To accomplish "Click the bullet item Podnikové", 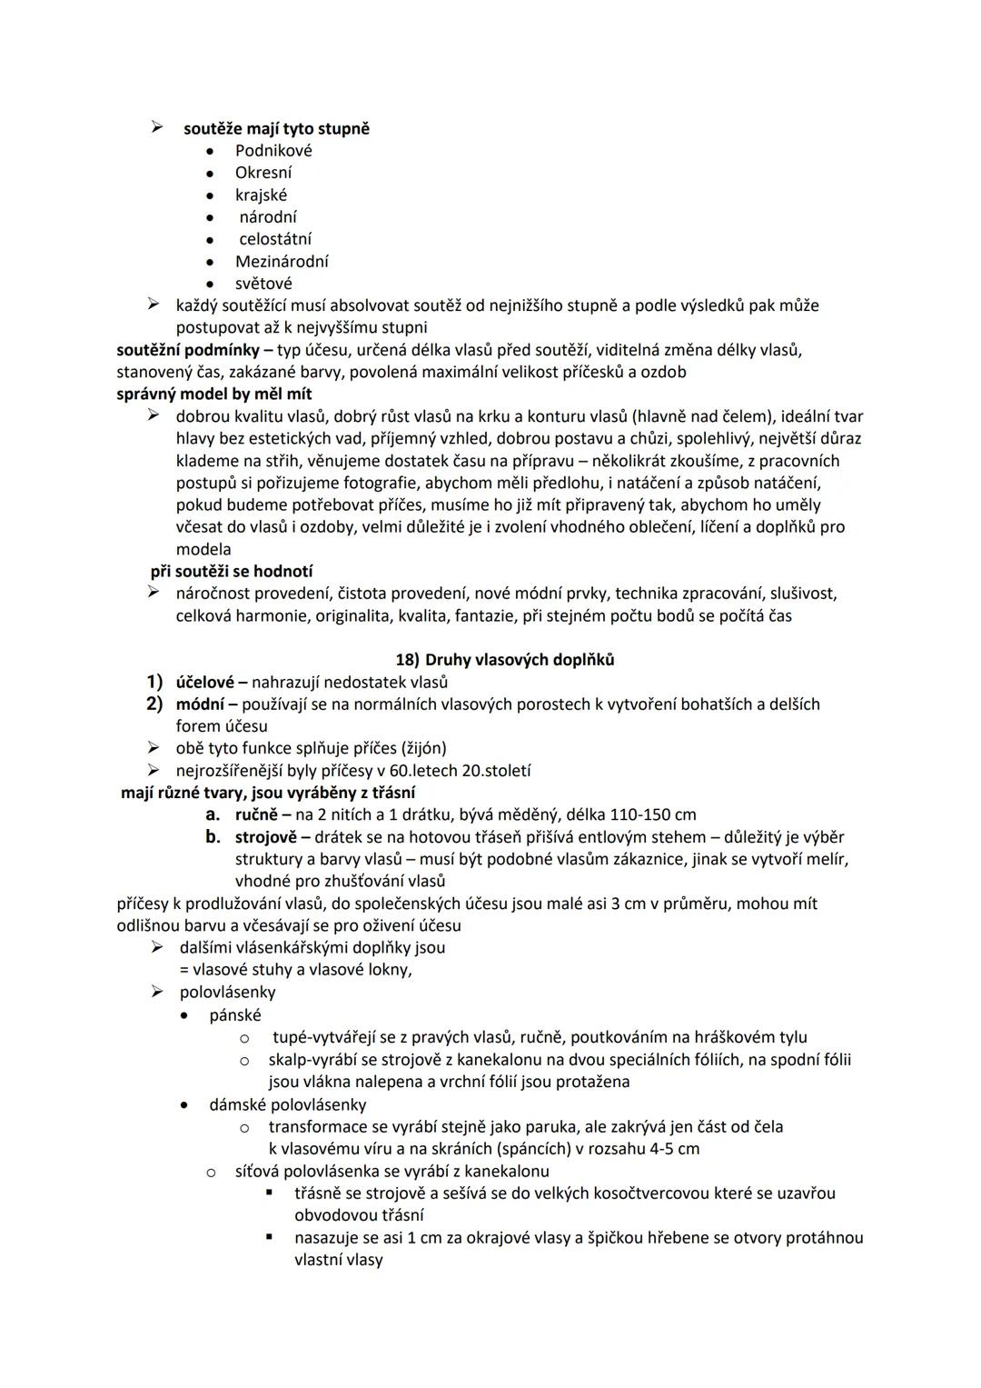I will point(273,151).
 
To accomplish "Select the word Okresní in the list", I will point(263,173).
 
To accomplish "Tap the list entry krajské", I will point(261,195).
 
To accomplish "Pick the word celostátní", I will point(275,239).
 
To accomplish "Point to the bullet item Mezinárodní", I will point(282,262).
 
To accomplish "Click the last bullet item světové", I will point(263,284).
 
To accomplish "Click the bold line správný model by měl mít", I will point(214,394).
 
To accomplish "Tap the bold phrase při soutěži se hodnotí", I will point(232,572).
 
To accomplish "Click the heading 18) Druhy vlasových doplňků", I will point(505,660).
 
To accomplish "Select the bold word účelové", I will point(205,682).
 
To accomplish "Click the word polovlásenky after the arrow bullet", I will point(227,993).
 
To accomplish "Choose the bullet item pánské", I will point(234,1015).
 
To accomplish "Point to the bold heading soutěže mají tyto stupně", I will point(276,129).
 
